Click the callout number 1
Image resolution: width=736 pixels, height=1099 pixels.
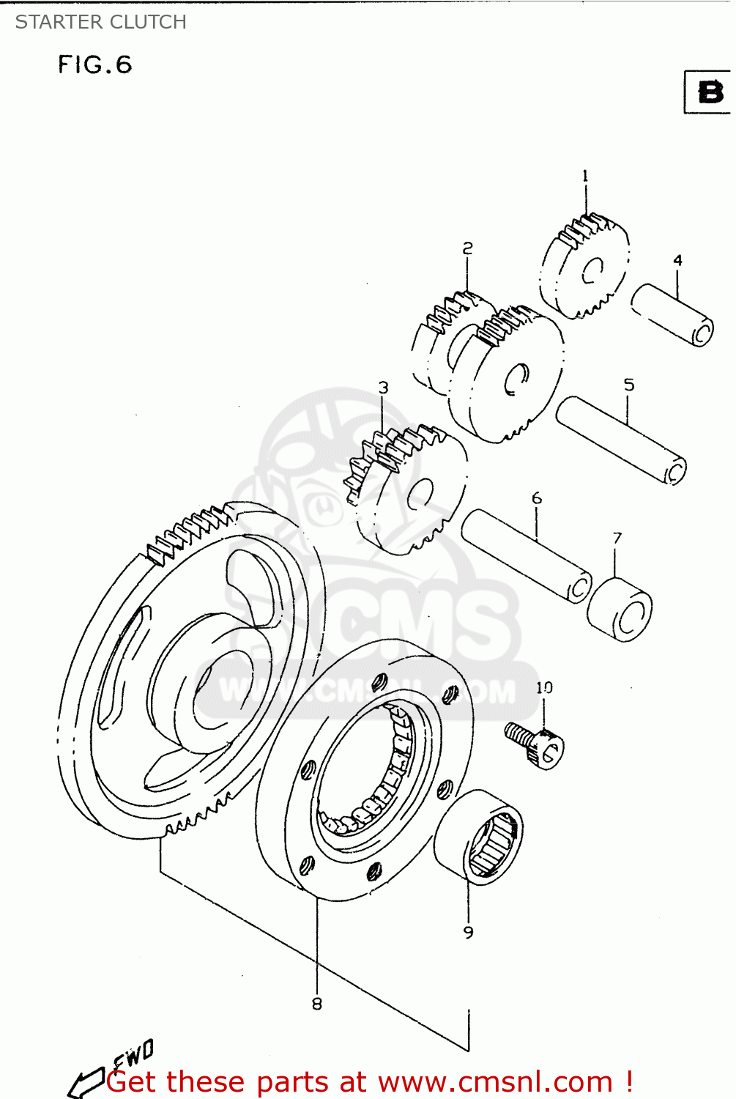click(x=585, y=176)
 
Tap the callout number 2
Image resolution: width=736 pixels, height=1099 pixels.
click(x=467, y=249)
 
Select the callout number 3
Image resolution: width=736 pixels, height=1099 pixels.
click(x=383, y=388)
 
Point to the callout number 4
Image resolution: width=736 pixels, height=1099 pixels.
click(x=677, y=260)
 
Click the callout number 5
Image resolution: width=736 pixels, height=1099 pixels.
click(x=628, y=385)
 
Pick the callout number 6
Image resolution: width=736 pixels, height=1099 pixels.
click(x=536, y=498)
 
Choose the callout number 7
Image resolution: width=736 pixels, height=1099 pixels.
click(x=617, y=538)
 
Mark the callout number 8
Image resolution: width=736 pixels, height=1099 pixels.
click(x=316, y=1004)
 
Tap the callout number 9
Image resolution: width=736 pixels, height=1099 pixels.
click(x=468, y=932)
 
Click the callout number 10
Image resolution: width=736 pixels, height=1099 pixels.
click(x=544, y=687)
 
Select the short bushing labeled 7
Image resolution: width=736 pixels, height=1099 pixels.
click(x=620, y=610)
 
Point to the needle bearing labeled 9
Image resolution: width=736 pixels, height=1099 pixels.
click(x=480, y=837)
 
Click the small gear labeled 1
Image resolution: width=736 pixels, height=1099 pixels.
click(x=584, y=267)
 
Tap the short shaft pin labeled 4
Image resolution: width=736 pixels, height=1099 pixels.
click(x=672, y=314)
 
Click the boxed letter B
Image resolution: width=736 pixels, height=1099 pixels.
click(x=709, y=92)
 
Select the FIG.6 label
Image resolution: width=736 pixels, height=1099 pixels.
click(x=95, y=65)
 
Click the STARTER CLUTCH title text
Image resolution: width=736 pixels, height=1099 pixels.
click(x=101, y=22)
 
